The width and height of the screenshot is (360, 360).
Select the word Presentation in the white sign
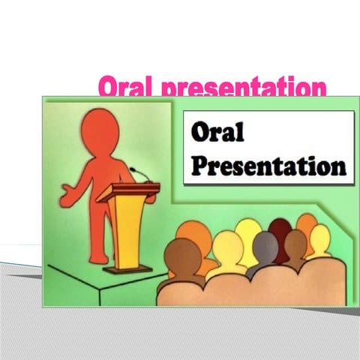[268, 163]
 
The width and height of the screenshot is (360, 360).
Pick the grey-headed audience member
[265, 245]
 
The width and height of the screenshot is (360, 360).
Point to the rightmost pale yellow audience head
[319, 238]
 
